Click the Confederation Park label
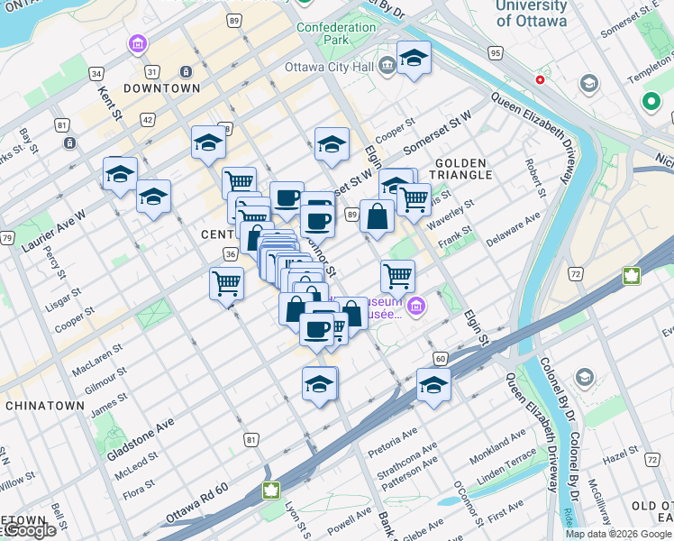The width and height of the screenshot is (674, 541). [x=336, y=33]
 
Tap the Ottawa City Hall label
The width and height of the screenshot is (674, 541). [x=328, y=67]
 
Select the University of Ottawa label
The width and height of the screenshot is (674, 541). [x=532, y=13]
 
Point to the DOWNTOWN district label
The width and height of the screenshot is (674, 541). [x=161, y=88]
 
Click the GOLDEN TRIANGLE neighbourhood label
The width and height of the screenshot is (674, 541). [x=464, y=168]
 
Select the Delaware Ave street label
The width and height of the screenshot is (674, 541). [x=513, y=229]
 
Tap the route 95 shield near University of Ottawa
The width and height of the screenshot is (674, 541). [x=495, y=54]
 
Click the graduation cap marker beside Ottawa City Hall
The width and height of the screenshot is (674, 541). [x=414, y=59]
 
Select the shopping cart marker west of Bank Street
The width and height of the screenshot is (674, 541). [x=226, y=283]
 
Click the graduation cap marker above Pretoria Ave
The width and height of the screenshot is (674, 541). [x=433, y=385]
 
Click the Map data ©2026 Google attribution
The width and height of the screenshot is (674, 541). [x=618, y=534]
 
